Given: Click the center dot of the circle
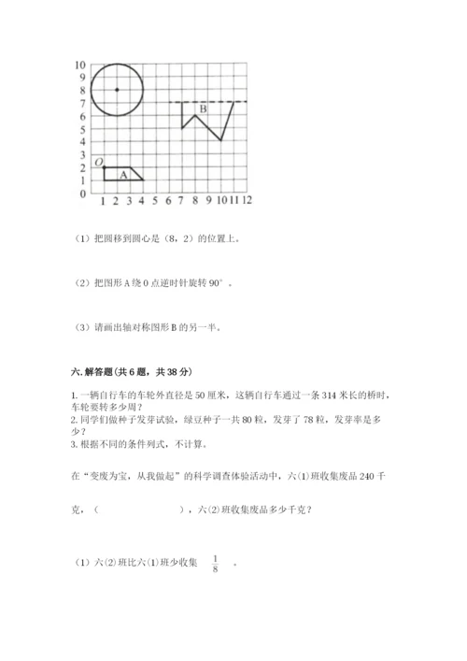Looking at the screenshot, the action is [x=117, y=90].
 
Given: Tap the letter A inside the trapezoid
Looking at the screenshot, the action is [x=123, y=174].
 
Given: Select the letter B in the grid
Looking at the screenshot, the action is [x=203, y=110].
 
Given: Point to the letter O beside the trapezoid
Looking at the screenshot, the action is [x=97, y=162].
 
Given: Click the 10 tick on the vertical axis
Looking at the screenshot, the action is [x=80, y=65].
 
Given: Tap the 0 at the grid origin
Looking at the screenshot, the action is [x=82, y=194].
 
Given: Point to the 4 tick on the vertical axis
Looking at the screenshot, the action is [x=82, y=142].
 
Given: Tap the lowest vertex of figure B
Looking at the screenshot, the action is [x=220, y=141].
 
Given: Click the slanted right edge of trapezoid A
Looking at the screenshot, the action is [x=136, y=174].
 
